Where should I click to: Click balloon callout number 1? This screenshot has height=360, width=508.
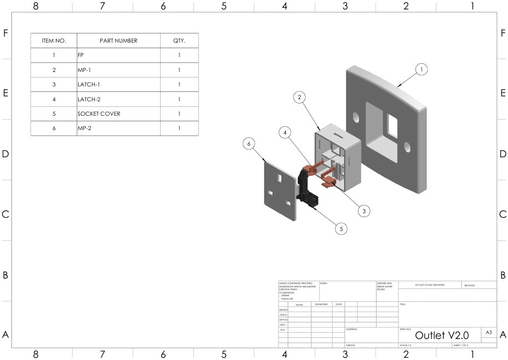coord(422,69)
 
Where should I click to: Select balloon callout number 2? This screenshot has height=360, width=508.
coord(300,97)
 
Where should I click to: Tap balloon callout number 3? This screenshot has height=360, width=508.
coord(364,211)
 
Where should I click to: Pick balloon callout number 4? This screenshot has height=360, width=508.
coord(285,133)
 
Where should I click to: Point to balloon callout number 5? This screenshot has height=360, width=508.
coord(342,228)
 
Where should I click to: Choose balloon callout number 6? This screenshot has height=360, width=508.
coord(249,143)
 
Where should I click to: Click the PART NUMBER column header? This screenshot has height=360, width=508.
coord(118,41)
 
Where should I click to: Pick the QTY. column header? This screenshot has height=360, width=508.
coord(179,41)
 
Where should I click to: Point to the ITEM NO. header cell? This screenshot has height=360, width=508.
coord(54,41)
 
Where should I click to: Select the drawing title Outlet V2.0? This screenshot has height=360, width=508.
coord(442,335)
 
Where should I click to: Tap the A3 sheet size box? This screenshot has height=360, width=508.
coord(489,332)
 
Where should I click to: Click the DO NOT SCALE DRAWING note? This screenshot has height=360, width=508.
coord(429,285)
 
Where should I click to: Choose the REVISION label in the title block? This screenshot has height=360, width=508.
coord(470,285)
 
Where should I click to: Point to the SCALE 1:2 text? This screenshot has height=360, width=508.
coord(406,345)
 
